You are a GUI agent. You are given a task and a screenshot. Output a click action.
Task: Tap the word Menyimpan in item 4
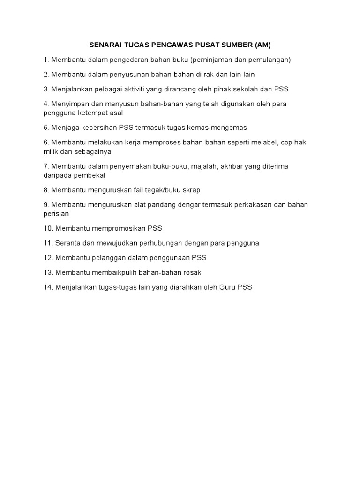tap(69, 104)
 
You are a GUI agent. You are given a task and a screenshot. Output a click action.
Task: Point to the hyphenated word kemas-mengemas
tap(221, 127)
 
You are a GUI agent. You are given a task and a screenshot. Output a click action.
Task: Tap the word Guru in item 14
tap(227, 287)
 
